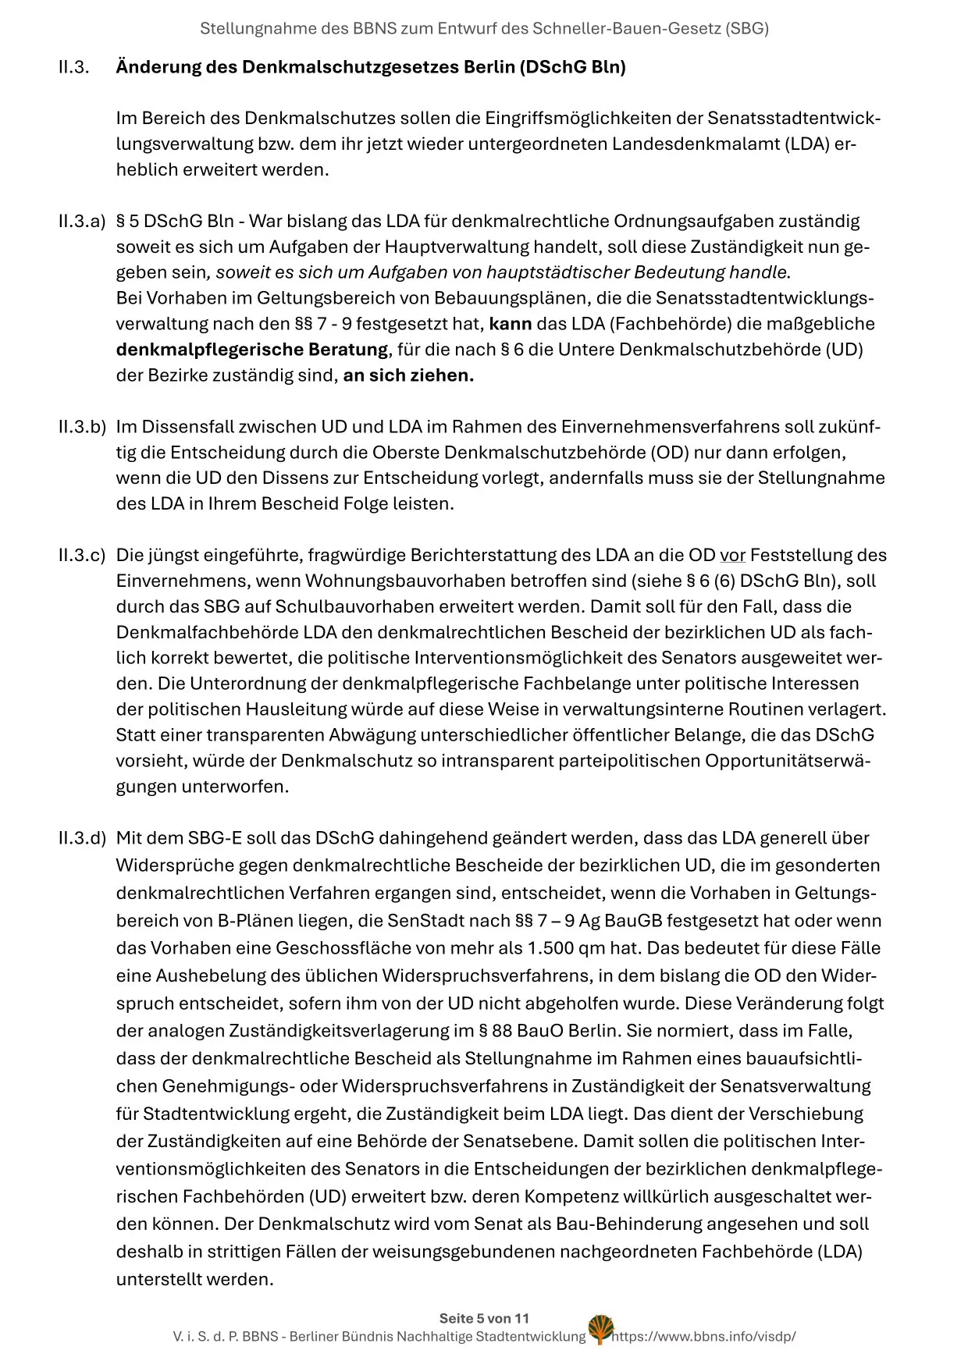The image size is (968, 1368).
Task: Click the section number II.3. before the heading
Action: tap(74, 67)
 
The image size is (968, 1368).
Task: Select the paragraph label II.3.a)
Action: tap(81, 222)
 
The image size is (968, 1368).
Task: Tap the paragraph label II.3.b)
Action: tap(81, 428)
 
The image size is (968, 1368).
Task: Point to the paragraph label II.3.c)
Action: tap(81, 556)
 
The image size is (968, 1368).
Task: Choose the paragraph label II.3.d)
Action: tap(81, 839)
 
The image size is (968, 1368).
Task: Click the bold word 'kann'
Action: tap(511, 325)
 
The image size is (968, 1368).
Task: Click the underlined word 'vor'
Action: tap(732, 556)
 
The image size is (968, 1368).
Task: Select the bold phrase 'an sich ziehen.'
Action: tap(408, 376)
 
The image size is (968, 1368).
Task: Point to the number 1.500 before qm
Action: tap(555, 949)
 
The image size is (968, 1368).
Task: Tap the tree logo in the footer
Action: tap(600, 1330)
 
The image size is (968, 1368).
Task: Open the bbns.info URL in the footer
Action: tap(704, 1337)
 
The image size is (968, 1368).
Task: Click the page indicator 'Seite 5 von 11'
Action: tap(484, 1319)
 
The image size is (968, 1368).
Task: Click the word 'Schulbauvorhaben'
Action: tap(338, 607)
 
